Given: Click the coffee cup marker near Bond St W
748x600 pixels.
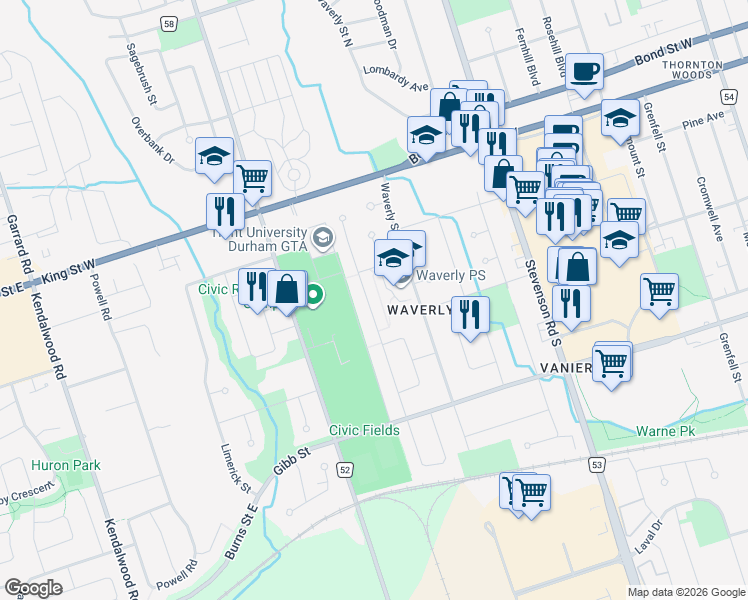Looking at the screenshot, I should pos(584,73).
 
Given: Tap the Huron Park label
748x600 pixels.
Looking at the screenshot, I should pos(61,465).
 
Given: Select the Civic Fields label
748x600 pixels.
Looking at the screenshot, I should pos(365,431).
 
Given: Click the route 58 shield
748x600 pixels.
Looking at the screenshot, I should pos(169,23).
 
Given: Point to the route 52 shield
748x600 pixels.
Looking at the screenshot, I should pos(346,469).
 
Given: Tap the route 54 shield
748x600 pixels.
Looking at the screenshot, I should pos(730,94).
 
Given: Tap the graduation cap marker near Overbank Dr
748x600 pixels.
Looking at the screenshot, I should pos(214,156).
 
